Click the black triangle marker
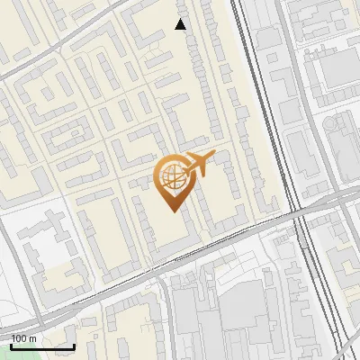pyautogui.click(x=181, y=24)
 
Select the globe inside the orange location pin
pyautogui.click(x=172, y=178)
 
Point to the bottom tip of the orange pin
pyautogui.click(x=172, y=211)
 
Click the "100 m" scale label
pyautogui.click(x=23, y=338)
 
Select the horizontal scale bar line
pyautogui.click(x=42, y=346)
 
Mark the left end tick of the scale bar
pyautogui.click(x=11, y=346)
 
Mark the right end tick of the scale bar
pyautogui.click(x=74, y=346)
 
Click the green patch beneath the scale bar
pyautogui.click(x=27, y=355)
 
